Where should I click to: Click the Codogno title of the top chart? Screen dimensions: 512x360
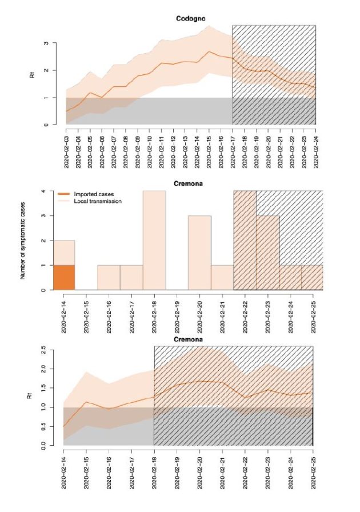pos(188,19)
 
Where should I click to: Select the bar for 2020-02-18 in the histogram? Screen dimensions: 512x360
pos(154,241)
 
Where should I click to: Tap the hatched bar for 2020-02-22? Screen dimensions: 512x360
pos(245,241)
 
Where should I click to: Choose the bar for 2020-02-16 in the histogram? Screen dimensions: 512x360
pos(109,278)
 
